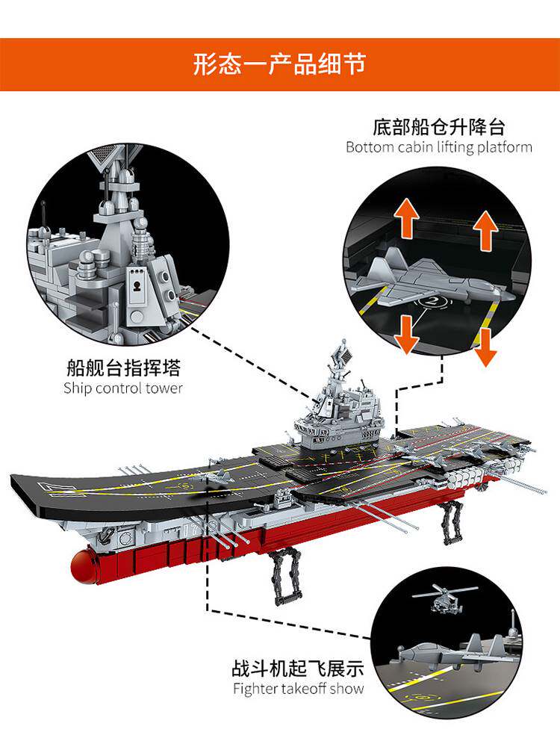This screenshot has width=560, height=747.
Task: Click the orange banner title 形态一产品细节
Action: click(x=279, y=63)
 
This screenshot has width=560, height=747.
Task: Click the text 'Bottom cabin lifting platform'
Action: click(x=439, y=147)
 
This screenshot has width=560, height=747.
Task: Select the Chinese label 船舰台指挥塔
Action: click(x=123, y=368)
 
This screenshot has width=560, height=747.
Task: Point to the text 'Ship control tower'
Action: click(x=123, y=388)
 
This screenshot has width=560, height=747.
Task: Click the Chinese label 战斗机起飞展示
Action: click(x=297, y=668)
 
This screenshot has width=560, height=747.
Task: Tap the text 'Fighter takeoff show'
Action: click(x=298, y=688)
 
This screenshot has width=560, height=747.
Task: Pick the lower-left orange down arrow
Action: click(x=408, y=334)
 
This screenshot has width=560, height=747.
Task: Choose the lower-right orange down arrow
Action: click(x=486, y=347)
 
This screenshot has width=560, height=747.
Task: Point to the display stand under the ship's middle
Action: click(x=284, y=575)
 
